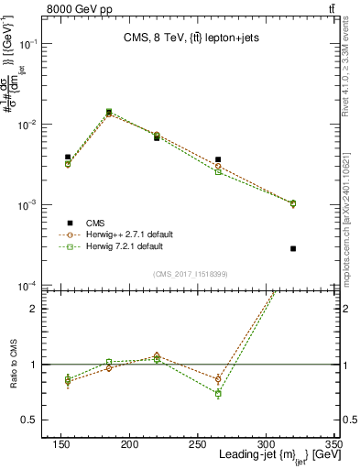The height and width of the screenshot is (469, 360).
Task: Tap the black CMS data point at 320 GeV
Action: click(x=293, y=248)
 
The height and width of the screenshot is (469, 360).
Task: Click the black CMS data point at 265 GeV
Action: click(x=218, y=159)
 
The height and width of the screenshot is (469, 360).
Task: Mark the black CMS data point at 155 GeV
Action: click(x=68, y=158)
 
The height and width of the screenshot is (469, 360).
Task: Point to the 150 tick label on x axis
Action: click(x=60, y=444)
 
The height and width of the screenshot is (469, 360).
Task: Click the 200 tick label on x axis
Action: click(x=129, y=444)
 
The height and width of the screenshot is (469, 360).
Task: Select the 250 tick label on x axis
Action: click(x=197, y=444)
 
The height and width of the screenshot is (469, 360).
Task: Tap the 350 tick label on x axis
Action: click(x=333, y=444)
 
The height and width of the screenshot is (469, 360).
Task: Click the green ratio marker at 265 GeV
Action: click(x=218, y=393)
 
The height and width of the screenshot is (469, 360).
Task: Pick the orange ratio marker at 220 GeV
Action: click(x=157, y=354)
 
